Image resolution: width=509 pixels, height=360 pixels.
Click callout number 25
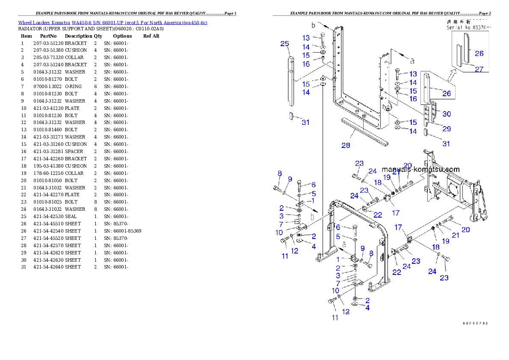pos(284,44)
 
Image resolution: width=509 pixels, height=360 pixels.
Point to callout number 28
pos(346,145)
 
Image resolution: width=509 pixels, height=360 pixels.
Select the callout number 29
pos(446,129)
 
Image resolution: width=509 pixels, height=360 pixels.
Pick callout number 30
pos(446,114)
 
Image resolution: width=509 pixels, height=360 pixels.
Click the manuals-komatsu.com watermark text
pos(420,170)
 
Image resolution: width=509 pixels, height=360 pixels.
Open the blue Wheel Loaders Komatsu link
pos(112,23)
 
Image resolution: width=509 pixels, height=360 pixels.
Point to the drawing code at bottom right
pos(475,323)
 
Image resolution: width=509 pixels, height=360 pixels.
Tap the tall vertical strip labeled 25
pos(290,81)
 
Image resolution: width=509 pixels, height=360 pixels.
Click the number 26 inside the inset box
pos(479,53)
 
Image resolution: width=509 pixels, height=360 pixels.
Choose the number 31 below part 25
pos(305,122)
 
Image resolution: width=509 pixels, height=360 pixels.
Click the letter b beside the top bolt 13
pos(314,26)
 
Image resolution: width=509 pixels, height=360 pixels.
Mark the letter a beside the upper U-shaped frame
pos(412,60)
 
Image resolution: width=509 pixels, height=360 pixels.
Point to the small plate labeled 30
pos(434,112)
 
